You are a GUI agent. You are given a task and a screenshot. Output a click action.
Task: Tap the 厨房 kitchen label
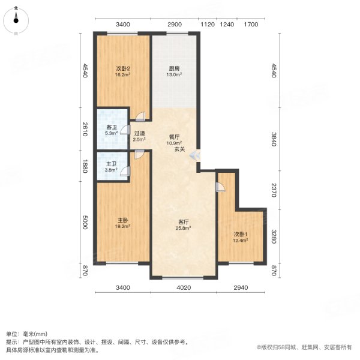(174, 68)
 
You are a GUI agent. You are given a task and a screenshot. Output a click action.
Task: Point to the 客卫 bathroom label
(112, 127)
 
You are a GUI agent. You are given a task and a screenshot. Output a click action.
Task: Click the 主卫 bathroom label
(112, 164)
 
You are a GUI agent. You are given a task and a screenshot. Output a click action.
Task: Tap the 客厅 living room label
(183, 222)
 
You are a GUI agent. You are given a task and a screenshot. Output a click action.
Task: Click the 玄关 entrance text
(179, 149)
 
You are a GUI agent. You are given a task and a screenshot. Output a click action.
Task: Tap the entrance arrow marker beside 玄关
(195, 156)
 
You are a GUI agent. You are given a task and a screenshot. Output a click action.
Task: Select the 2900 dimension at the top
(175, 25)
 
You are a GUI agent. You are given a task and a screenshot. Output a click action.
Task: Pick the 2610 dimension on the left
(86, 129)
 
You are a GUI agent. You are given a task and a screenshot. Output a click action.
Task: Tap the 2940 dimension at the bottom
(241, 289)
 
